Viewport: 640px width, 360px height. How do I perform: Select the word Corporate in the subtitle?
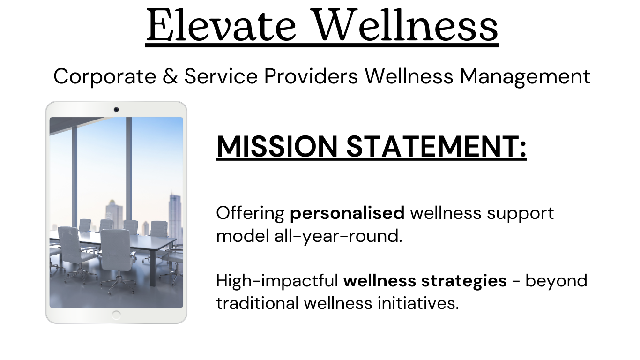(x=105, y=76)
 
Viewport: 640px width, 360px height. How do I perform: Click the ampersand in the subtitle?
(x=170, y=76)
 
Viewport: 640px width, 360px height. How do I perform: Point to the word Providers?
(x=311, y=76)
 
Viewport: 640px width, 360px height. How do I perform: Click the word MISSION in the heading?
(x=277, y=146)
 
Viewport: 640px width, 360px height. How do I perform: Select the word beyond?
(x=556, y=280)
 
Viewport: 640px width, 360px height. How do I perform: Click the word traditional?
(x=257, y=303)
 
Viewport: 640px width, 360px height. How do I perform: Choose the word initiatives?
(x=418, y=303)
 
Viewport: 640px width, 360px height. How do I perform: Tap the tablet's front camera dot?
(x=116, y=110)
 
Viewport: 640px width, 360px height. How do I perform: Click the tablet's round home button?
(x=116, y=315)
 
